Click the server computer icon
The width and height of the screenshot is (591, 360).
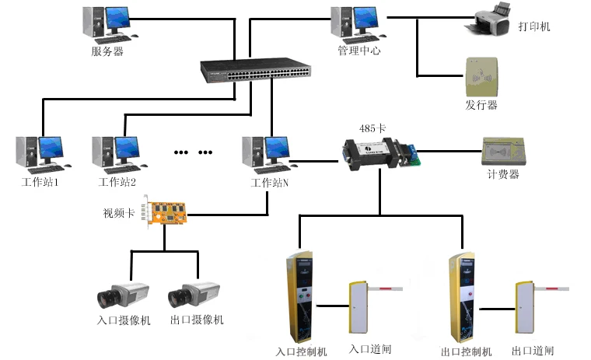pyautogui.click(x=107, y=23)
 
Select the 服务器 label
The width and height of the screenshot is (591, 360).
pyautogui.click(x=107, y=52)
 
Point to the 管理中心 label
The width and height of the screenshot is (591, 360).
pyautogui.click(x=359, y=51)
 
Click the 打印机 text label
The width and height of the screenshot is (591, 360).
pyautogui.click(x=534, y=26)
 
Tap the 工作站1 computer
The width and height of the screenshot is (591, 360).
pyautogui.click(x=40, y=154)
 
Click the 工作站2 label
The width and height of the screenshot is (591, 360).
pyautogui.click(x=117, y=183)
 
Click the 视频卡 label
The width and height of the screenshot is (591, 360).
pyautogui.click(x=120, y=211)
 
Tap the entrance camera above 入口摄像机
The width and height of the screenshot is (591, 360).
pyautogui.click(x=121, y=293)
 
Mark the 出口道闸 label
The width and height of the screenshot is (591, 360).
pyautogui.click(x=533, y=351)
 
